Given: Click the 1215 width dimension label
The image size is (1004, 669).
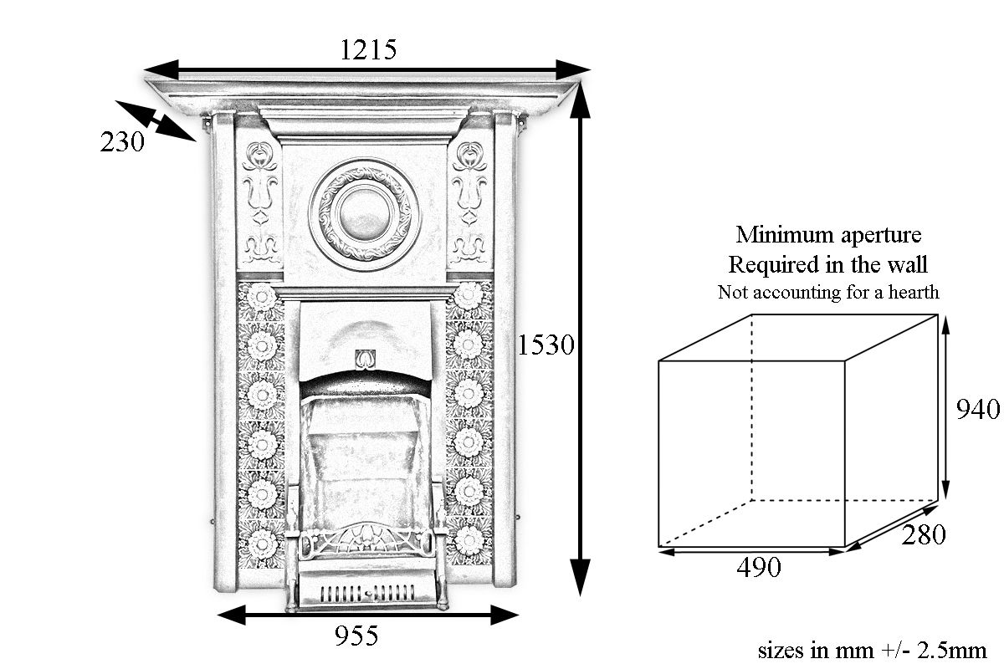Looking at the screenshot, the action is [x=368, y=49].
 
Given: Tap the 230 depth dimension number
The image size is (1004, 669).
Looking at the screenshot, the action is [x=122, y=142].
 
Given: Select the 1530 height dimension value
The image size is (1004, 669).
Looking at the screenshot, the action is [x=546, y=345].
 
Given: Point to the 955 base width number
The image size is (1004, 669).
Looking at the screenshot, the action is [x=356, y=636].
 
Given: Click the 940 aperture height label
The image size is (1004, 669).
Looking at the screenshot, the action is [x=977, y=409].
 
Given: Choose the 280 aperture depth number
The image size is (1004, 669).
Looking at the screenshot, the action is [x=924, y=534].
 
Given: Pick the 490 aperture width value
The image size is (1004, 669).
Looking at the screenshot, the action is [x=759, y=567].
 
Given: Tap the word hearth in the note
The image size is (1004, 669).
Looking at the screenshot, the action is [x=914, y=292].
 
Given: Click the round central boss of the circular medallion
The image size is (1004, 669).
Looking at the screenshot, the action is [x=363, y=213].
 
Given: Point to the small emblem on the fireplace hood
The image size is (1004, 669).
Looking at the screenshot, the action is [x=366, y=360].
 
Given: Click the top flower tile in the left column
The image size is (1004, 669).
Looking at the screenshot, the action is [x=261, y=297].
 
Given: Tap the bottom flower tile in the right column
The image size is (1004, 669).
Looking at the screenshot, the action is [x=469, y=540].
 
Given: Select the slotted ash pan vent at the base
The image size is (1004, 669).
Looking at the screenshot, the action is [x=367, y=593].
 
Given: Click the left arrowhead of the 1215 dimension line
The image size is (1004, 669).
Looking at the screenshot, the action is [x=161, y=70].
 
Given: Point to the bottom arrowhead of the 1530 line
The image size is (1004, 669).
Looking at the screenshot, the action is [x=580, y=578].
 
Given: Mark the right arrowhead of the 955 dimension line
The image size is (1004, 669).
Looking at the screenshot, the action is [x=505, y=615].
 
